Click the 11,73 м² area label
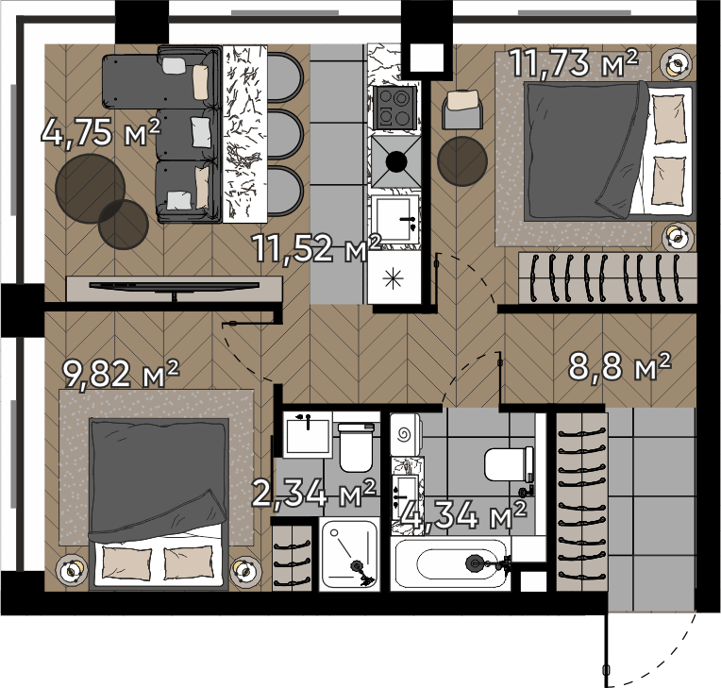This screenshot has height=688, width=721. (575, 62)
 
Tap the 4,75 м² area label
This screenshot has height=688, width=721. (101, 132)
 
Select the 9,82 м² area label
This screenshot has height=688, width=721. (121, 374)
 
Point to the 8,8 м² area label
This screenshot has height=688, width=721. (620, 366)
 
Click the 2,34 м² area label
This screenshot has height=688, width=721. (314, 493)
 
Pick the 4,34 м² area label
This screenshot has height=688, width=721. (463, 514)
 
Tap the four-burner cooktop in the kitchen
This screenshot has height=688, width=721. (395, 109)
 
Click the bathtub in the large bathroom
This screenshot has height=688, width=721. (451, 562)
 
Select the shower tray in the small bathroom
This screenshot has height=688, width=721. (349, 554)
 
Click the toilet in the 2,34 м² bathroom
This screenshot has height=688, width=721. (357, 447)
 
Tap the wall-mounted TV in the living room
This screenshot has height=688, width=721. (175, 286)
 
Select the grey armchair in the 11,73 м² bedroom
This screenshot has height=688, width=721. (462, 109)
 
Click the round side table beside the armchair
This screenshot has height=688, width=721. (462, 161)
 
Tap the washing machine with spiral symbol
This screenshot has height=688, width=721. (406, 434)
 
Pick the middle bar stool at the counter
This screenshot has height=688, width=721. (285, 134)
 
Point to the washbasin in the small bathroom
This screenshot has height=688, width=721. (308, 434)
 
